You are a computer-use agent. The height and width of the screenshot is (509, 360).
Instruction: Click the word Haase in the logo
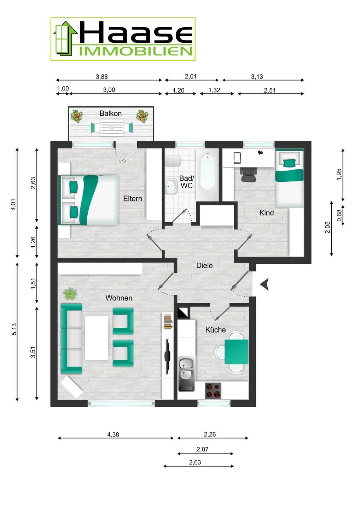point(136,33)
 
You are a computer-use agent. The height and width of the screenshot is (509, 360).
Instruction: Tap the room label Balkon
point(110,113)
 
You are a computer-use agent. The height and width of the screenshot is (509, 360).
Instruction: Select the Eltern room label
point(133,199)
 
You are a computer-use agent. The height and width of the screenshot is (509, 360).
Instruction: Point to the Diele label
point(204,265)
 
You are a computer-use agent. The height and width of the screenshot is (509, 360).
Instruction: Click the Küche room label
point(215,330)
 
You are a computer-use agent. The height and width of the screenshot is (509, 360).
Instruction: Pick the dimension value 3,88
point(101,77)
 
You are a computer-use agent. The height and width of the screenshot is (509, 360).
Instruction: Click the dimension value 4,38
point(113,434)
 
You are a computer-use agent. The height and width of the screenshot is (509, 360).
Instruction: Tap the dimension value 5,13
point(14,329)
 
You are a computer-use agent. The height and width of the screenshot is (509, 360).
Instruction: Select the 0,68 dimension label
point(339,215)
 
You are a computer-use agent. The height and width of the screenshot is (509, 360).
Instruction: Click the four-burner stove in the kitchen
point(213,390)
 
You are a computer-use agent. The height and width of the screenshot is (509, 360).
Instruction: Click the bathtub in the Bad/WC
point(207,174)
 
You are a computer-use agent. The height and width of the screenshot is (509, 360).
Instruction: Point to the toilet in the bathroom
point(173,161)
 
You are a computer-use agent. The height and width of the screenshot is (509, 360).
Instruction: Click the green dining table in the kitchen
point(236,351)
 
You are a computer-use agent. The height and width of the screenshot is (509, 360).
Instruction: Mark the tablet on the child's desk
point(237,158)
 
